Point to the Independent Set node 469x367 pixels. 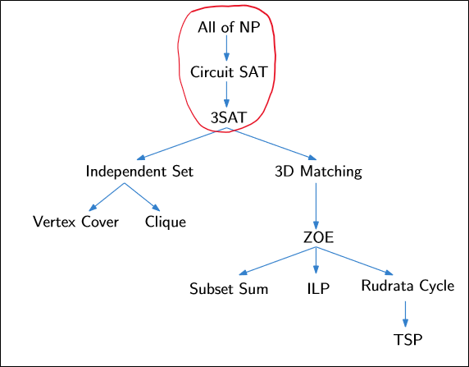coord(139,172)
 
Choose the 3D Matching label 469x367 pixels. coord(318,172)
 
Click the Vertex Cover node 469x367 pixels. coord(76,222)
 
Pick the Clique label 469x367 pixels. coord(166,222)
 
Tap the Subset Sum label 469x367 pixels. coord(229,289)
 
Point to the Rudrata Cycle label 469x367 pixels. coord(407,287)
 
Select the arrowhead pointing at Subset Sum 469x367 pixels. coord(243,273)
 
